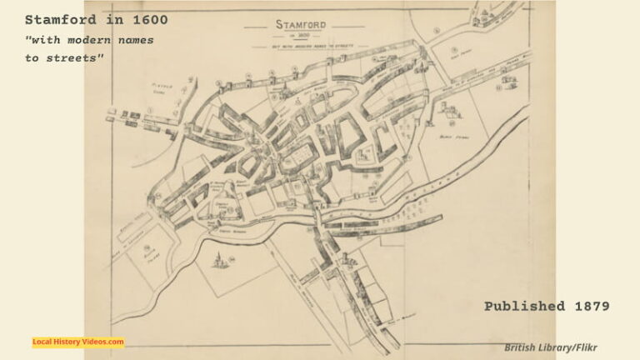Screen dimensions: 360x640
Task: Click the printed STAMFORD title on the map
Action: click(301, 24)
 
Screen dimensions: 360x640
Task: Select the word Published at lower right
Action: click(524, 307)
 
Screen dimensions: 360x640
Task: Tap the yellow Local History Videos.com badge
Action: click(78, 342)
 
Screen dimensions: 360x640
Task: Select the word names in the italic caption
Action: click(135, 40)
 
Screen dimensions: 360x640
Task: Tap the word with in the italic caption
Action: click(47, 40)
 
